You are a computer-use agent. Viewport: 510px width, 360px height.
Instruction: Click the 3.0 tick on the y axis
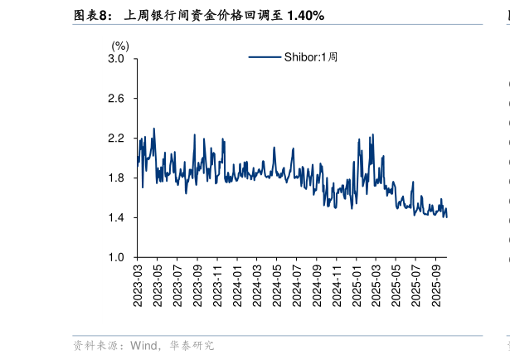coord(116,59)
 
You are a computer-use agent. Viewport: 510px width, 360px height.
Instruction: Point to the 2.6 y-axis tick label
coord(116,99)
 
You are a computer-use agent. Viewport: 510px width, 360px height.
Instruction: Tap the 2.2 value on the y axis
coord(116,139)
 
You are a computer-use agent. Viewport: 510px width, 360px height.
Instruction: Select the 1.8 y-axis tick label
coord(116,178)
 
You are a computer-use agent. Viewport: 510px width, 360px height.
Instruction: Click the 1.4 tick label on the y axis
coord(116,218)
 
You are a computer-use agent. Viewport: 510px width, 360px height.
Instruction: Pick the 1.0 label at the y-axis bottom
coord(116,258)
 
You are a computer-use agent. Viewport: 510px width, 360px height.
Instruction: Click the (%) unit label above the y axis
coord(120,46)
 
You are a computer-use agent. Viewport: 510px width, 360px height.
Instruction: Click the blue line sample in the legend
coord(265,57)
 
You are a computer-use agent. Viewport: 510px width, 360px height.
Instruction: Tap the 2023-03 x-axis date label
coord(138,284)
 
